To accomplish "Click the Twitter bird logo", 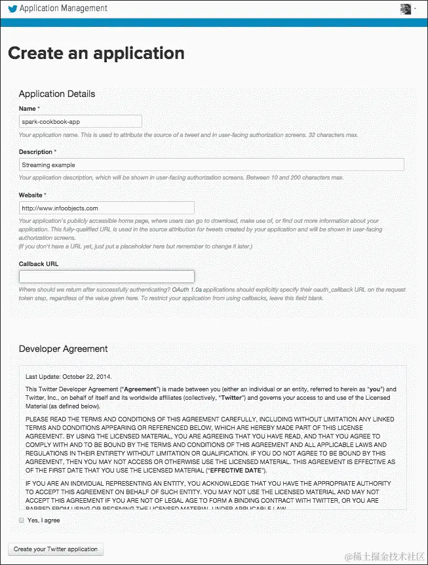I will pyautogui.click(x=12, y=9).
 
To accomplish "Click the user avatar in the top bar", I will pyautogui.click(x=406, y=9).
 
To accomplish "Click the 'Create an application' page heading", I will pyautogui.click(x=96, y=53).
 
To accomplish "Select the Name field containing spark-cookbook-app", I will pyautogui.click(x=81, y=121).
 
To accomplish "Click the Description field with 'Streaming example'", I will pyautogui.click(x=211, y=165).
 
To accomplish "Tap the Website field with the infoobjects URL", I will pyautogui.click(x=107, y=208).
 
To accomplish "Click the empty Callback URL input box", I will pyautogui.click(x=107, y=277).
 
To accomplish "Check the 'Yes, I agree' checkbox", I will pyautogui.click(x=22, y=520).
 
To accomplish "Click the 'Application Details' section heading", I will pyautogui.click(x=57, y=94).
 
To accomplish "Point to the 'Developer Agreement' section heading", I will pyautogui.click(x=64, y=349).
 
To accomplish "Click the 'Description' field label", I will pyautogui.click(x=36, y=152).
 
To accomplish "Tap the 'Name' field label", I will pyautogui.click(x=28, y=108).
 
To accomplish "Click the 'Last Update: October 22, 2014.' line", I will pyautogui.click(x=69, y=377).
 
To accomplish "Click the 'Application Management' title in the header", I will pyautogui.click(x=64, y=9).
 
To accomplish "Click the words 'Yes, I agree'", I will pyautogui.click(x=44, y=520).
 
